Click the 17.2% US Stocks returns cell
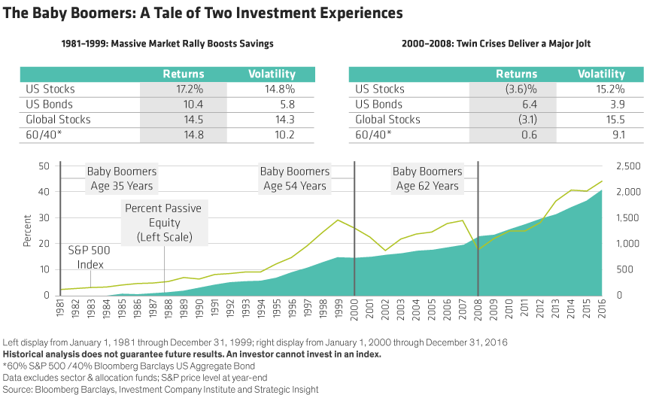(183, 90)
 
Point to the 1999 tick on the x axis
(340, 309)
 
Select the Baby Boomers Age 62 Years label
(427, 178)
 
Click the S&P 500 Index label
(88, 256)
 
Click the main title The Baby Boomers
(203, 14)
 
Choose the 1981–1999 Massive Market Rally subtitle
(167, 44)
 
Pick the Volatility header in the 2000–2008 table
(601, 74)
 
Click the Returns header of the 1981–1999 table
(183, 74)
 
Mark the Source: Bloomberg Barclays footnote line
(161, 389)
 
